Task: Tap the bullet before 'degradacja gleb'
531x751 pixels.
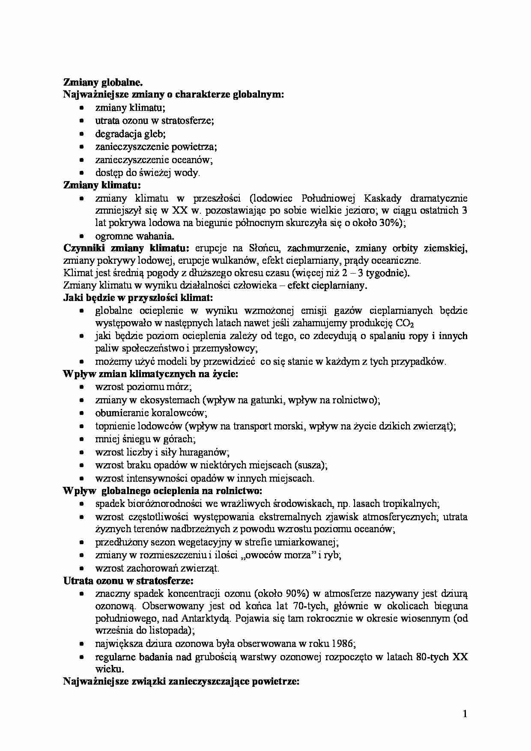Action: [82, 134]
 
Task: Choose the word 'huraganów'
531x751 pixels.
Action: [208, 452]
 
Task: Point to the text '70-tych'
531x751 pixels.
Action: [308, 606]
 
